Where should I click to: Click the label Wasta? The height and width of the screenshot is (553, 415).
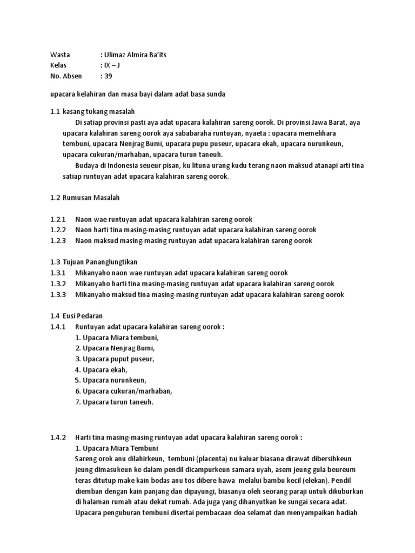coord(59,55)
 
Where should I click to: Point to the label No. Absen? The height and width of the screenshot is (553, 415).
coord(66,76)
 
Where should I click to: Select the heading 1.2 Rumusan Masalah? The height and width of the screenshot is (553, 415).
coord(88,198)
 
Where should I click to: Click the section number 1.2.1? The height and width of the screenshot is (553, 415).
coord(58,219)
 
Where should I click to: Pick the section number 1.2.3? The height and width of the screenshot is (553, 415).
coord(58,240)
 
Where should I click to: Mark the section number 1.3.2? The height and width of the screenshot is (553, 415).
coord(58,284)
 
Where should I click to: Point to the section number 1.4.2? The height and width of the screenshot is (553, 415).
coord(58,437)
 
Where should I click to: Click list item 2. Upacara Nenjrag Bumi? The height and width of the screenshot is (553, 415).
coord(115,348)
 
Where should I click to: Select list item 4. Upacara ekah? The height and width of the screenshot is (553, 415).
coord(102,369)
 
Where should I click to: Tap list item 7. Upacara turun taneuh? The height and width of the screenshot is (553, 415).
coord(115,402)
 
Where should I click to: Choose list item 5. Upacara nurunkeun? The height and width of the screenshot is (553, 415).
coord(111,380)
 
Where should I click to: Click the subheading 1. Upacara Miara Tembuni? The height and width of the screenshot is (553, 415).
coord(116,448)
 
